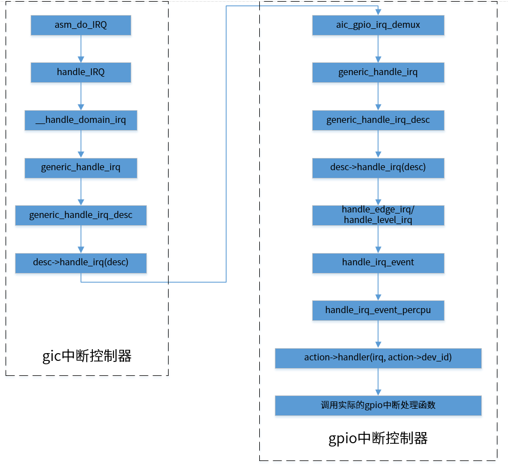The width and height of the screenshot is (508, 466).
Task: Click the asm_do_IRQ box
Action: click(x=81, y=25)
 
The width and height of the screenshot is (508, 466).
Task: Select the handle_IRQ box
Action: click(x=81, y=72)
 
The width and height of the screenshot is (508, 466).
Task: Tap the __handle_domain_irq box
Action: click(x=81, y=120)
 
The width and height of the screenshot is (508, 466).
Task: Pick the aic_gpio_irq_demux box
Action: click(x=378, y=25)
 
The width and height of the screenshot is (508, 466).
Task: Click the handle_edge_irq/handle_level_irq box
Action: click(x=378, y=215)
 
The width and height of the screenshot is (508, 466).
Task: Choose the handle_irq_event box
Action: click(x=378, y=262)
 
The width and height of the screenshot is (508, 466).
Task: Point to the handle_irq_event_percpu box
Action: click(x=378, y=310)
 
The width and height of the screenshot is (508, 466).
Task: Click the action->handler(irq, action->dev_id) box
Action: click(x=378, y=358)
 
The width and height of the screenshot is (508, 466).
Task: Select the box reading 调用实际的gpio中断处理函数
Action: click(x=378, y=405)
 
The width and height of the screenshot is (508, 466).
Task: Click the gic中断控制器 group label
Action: click(x=87, y=356)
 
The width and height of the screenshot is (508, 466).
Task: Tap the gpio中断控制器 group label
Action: click(x=378, y=438)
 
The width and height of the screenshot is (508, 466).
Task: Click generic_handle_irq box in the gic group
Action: click(x=81, y=167)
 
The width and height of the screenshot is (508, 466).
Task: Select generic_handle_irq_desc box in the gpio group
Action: click(x=378, y=120)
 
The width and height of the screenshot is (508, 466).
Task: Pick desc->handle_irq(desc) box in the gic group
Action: click(x=81, y=262)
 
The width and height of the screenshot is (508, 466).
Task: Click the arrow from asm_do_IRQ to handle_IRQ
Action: click(x=81, y=49)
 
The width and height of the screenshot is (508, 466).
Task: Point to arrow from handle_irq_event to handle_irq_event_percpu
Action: click(x=378, y=286)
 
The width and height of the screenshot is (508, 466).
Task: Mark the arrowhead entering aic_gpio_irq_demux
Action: click(x=378, y=12)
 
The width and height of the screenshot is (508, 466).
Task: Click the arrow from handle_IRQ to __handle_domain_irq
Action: click(x=81, y=96)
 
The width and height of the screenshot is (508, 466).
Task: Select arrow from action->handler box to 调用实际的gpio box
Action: click(x=378, y=381)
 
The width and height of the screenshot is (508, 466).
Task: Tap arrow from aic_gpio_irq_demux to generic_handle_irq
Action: click(x=378, y=49)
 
